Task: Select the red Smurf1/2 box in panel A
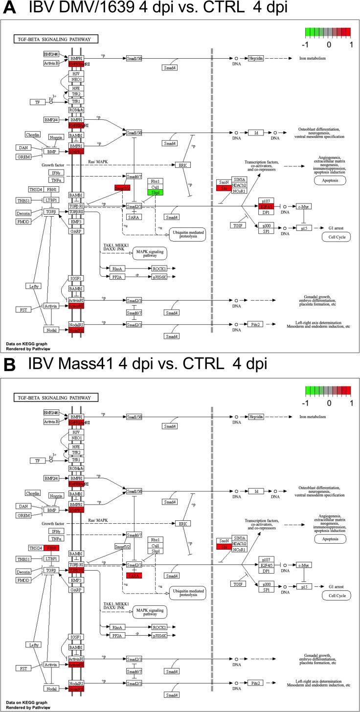(x=123, y=188)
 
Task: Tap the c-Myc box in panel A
(x=304, y=207)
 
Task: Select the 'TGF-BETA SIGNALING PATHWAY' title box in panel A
(x=56, y=39)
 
